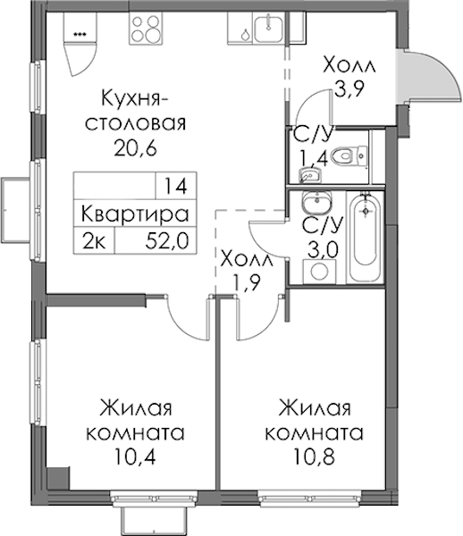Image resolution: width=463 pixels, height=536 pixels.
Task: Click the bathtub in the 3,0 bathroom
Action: point(366,238)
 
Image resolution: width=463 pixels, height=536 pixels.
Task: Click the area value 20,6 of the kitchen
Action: point(135,147)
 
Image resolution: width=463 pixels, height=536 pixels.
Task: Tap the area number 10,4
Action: point(135,456)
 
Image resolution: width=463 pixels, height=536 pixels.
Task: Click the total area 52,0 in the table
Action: point(167,241)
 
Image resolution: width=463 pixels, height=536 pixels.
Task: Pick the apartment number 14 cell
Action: point(176,186)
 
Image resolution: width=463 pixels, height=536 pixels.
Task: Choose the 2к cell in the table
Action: point(94,241)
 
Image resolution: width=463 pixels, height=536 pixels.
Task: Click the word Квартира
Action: point(135,214)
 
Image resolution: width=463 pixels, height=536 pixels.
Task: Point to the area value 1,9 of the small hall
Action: point(246,282)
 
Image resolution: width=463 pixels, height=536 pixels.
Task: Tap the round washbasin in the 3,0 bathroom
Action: point(316,202)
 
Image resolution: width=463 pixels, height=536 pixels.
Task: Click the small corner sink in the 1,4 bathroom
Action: point(309,175)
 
